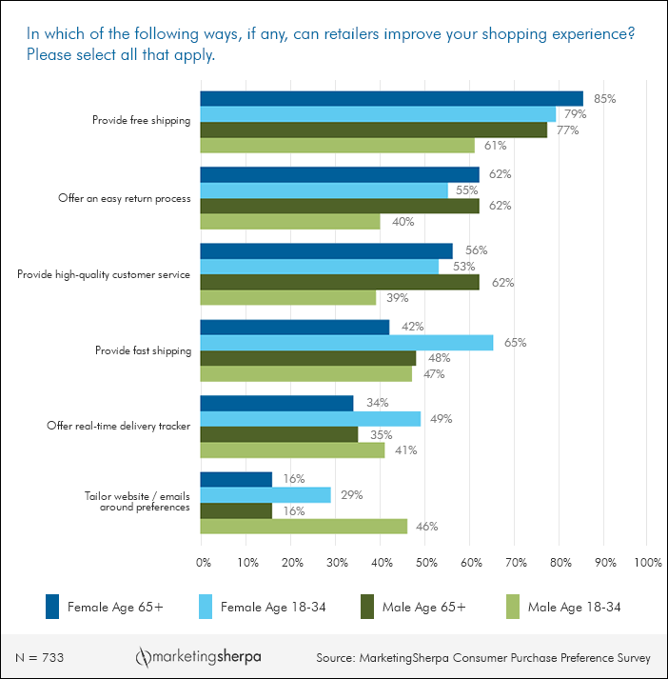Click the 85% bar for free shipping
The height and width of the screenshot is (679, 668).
391,98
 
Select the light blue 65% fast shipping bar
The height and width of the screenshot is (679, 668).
346,343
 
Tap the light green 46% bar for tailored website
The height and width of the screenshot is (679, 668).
304,527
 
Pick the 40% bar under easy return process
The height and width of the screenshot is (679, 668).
290,222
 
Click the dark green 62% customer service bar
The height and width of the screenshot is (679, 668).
340,282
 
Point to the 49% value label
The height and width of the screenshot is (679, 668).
441,419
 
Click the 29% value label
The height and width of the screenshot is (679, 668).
351,495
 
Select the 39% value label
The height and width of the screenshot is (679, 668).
396,298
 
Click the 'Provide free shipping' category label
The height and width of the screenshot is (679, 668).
141,121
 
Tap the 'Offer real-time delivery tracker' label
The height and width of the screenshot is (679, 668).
119,426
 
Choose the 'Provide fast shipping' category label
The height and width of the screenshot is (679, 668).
143,349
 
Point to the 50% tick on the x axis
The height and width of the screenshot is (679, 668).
425,563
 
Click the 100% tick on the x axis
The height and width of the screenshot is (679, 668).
646,563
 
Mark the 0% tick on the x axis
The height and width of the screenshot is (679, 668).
203,563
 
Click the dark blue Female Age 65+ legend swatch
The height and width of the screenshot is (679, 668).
54,607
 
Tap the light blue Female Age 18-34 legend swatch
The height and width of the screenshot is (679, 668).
204,607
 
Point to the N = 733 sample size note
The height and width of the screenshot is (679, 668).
40,658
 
